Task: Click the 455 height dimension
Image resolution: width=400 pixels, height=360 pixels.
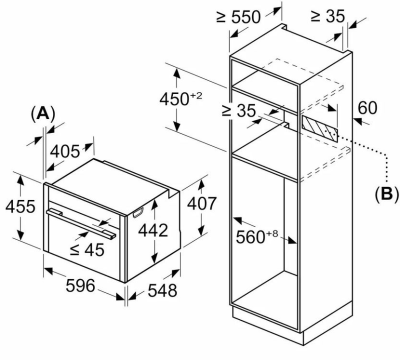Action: (x=20, y=206)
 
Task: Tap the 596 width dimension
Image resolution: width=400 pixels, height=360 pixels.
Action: (x=80, y=286)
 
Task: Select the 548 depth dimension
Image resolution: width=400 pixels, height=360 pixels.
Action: (x=162, y=290)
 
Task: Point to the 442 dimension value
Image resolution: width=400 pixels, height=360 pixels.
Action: (x=153, y=230)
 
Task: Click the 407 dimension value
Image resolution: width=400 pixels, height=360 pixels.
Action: (x=202, y=204)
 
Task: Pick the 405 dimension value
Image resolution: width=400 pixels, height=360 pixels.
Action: (x=65, y=152)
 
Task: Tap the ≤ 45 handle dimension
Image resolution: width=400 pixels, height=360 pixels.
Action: (x=87, y=249)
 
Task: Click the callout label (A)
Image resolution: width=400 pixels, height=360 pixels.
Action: (x=42, y=114)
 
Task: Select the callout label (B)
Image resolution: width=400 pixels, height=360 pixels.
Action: (x=386, y=194)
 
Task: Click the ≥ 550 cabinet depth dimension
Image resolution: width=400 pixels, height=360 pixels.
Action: (x=238, y=17)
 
